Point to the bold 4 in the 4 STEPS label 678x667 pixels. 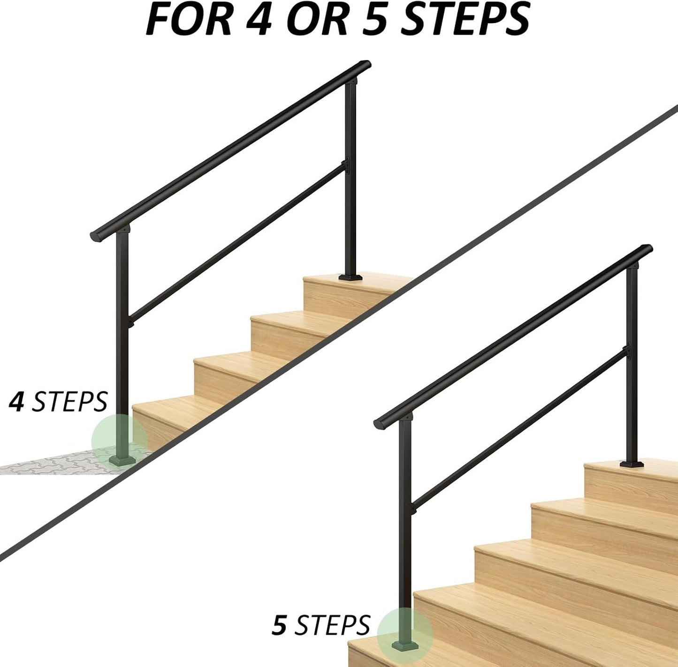pyautogui.click(x=17, y=402)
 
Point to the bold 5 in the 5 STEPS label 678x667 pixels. pyautogui.click(x=280, y=625)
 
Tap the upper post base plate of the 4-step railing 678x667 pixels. pyautogui.click(x=350, y=277)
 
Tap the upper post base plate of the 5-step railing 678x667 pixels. pyautogui.click(x=632, y=464)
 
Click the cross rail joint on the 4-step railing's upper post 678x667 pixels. pyautogui.click(x=345, y=165)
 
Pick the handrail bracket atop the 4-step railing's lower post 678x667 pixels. pyautogui.click(x=123, y=230)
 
